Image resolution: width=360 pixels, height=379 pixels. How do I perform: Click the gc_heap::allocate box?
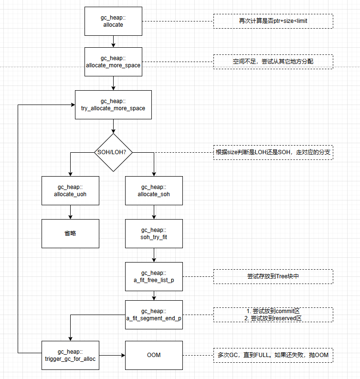tap(113, 21)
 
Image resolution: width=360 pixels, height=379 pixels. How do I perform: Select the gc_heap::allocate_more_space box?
tap(113, 62)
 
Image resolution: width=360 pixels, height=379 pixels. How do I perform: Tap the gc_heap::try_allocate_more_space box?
tap(113, 105)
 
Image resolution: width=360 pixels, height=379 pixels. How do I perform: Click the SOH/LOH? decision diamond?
tap(113, 152)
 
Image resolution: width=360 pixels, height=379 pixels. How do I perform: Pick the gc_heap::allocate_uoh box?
tap(70, 191)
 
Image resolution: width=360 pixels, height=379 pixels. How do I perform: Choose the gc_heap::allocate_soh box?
tap(154, 191)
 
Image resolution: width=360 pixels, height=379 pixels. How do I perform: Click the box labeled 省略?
tap(70, 233)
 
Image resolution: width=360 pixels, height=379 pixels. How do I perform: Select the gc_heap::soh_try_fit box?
tap(154, 233)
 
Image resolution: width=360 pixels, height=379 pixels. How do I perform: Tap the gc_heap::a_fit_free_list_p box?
tap(154, 276)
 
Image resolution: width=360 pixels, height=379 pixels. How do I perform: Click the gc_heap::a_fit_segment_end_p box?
tap(154, 315)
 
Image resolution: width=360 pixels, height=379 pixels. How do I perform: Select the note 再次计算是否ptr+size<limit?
tap(273, 21)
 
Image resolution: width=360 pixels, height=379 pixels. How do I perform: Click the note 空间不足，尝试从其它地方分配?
tap(273, 62)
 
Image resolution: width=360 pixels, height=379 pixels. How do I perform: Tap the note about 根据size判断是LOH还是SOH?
tap(273, 152)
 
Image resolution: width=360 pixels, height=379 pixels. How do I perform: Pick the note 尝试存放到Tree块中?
tap(273, 276)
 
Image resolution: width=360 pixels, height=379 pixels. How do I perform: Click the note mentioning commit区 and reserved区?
tap(273, 315)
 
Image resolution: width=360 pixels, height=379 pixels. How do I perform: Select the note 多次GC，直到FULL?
tap(273, 355)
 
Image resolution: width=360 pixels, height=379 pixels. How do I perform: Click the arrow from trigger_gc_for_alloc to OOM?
tap(112, 355)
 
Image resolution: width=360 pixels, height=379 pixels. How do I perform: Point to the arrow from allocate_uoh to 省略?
tap(70, 212)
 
